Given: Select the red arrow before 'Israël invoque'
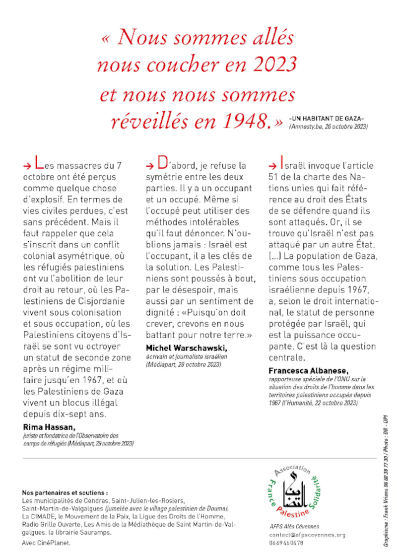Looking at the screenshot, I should pos(272,166).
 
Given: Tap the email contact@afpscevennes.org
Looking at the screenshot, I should pos(307,535).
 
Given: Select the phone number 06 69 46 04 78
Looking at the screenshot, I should pos(286,543).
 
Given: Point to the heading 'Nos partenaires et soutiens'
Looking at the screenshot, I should pos(65,493).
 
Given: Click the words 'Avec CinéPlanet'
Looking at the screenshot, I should pos(46,543).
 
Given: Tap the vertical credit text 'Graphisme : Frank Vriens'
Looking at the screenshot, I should pos(385,516).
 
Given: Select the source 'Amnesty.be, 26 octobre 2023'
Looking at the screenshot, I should pos(328,127).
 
